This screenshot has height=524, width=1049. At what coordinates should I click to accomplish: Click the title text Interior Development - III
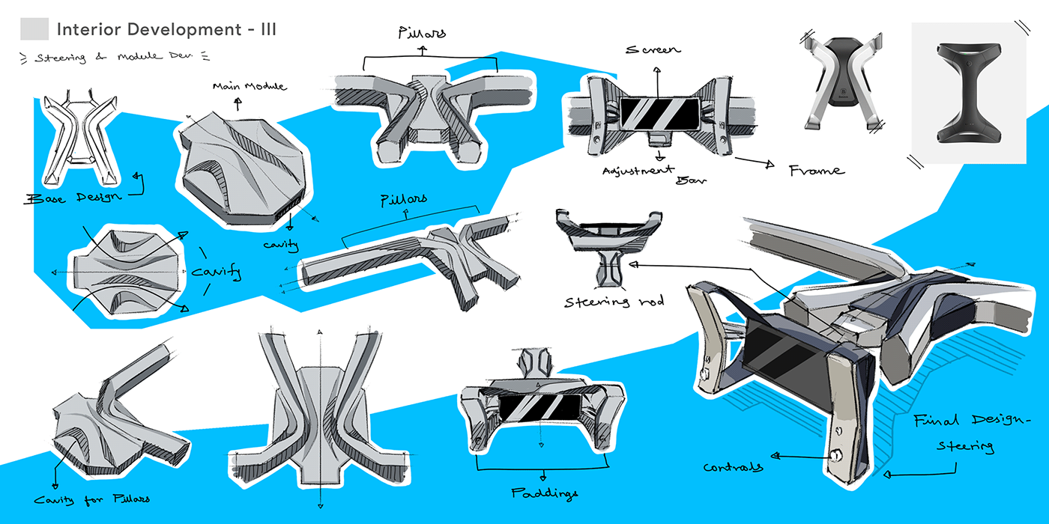[166, 30]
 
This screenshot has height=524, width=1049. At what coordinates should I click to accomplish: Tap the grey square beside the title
[34, 30]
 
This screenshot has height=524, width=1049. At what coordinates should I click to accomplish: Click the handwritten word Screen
[653, 49]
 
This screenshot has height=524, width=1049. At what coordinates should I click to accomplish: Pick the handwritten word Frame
[816, 171]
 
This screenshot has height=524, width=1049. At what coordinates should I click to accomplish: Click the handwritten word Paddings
[546, 493]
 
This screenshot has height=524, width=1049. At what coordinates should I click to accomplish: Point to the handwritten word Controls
[734, 466]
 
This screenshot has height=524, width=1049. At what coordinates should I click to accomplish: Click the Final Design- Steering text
[962, 433]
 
